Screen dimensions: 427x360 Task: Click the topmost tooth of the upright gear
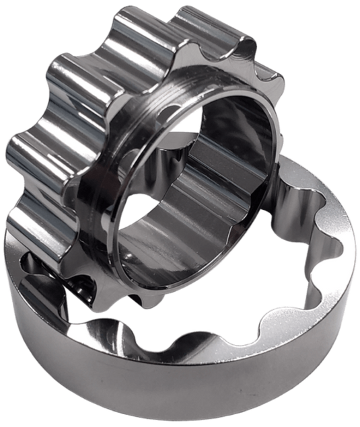(x=145, y=27)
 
